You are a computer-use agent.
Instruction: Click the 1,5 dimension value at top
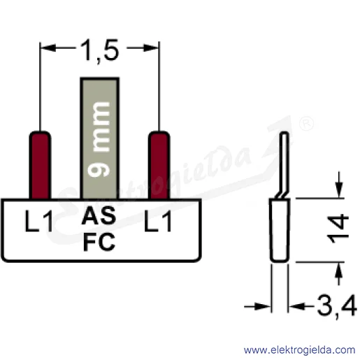99,51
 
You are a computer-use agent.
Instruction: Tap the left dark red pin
40,165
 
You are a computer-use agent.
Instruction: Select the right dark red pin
159,165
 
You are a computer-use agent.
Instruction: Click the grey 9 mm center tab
100,138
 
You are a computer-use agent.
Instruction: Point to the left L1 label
38,221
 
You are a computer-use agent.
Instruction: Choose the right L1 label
158,221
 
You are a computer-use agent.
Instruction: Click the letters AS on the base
99,216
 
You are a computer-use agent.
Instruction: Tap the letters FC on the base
99,243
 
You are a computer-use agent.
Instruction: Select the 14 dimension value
338,229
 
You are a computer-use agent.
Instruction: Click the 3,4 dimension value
337,306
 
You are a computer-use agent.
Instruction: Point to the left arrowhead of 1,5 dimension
48,48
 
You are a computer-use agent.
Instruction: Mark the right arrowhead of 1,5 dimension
151,48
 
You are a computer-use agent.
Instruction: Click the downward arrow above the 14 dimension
339,185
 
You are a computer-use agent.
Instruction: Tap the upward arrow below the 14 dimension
339,274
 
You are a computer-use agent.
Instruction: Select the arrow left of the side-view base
258,306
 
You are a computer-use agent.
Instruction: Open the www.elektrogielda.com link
300,350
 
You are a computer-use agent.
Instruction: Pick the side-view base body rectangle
280,230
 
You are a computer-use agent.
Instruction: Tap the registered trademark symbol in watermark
306,124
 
